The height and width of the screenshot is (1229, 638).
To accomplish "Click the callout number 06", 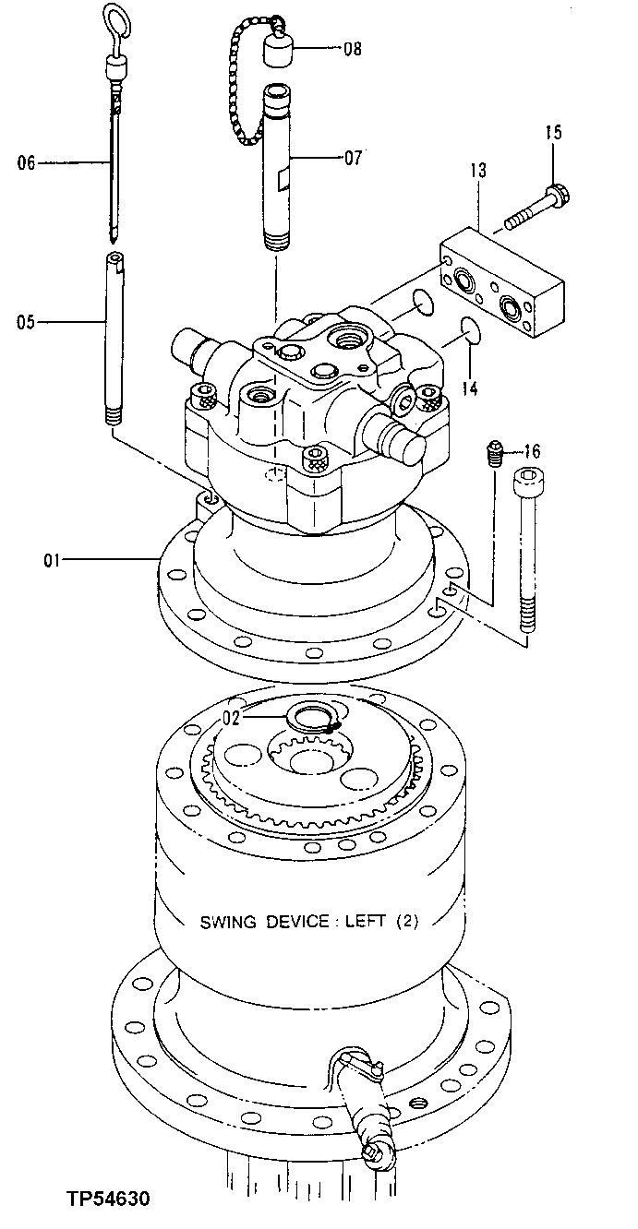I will pos(26,163).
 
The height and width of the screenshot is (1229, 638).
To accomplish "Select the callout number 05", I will pos(26,322).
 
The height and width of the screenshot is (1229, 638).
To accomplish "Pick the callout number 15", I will pos(553,133).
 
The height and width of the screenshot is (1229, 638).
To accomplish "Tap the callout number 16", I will pos(531,451).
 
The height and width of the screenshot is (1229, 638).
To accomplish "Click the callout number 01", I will pos(50,559).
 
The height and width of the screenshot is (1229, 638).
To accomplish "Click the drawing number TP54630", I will pos(108,1199).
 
